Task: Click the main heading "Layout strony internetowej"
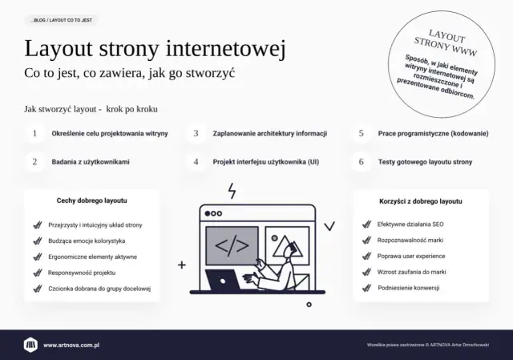155,49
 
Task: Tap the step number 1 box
34,133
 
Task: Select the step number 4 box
196,161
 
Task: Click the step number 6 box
362,161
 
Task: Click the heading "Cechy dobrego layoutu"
92,200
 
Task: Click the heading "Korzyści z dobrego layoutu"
420,201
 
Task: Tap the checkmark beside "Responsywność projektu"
37,273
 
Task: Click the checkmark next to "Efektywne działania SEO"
364,224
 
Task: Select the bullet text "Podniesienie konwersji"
410,289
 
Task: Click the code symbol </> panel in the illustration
232,245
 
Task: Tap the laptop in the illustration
228,281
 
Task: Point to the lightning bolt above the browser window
232,191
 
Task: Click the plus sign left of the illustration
182,264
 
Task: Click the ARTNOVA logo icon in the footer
30,345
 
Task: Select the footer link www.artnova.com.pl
76,345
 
